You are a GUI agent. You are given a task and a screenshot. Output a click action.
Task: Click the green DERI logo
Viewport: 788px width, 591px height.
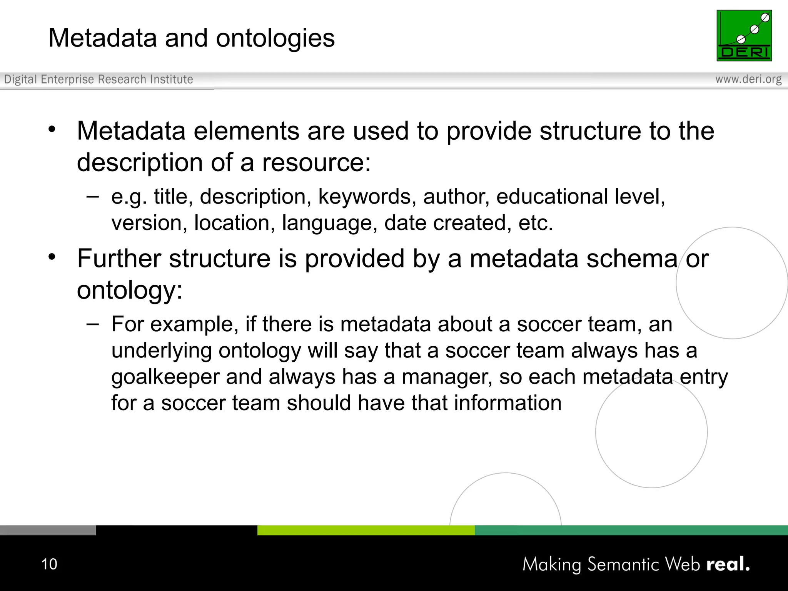tap(744, 35)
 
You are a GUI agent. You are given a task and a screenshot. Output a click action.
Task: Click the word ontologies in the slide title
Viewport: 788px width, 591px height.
tap(275, 38)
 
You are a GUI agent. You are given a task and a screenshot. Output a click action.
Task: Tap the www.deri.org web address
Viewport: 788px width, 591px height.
tap(748, 79)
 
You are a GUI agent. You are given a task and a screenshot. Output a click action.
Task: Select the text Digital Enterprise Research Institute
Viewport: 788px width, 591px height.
tap(98, 79)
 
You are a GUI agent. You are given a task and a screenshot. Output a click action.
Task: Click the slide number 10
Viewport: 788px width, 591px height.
tap(49, 564)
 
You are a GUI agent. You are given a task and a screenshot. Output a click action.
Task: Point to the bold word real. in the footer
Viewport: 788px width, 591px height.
tap(728, 564)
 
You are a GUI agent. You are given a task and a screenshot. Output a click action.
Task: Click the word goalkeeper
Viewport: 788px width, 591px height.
tap(165, 377)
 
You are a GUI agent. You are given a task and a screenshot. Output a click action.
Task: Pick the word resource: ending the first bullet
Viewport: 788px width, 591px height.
tap(316, 162)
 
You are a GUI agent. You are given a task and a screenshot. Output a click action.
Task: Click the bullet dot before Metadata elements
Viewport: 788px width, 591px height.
tap(52, 129)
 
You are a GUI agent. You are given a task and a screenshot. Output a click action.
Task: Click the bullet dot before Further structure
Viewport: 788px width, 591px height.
tap(52, 257)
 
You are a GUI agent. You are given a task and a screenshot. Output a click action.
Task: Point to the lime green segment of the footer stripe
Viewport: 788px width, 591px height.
tap(366, 530)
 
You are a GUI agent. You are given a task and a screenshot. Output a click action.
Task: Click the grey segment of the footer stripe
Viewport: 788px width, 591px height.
tap(48, 530)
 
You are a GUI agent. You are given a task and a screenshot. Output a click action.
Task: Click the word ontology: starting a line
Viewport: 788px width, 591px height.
tap(129, 290)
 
